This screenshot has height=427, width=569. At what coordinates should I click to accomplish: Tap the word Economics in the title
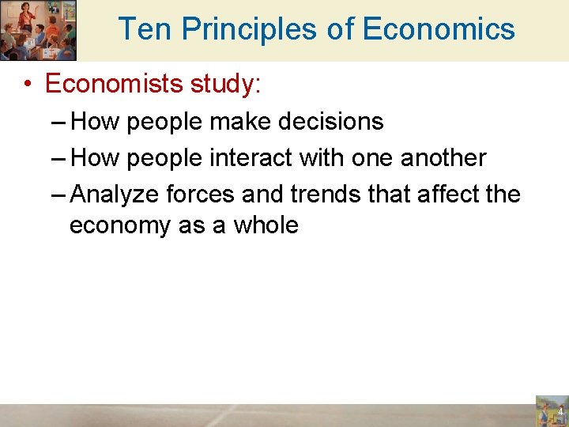pos(438,29)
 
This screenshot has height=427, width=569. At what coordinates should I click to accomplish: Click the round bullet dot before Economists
pos(28,85)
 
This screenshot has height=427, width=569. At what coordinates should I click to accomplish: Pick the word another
pos(443,157)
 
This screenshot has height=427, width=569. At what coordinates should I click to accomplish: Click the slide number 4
pos(560,413)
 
